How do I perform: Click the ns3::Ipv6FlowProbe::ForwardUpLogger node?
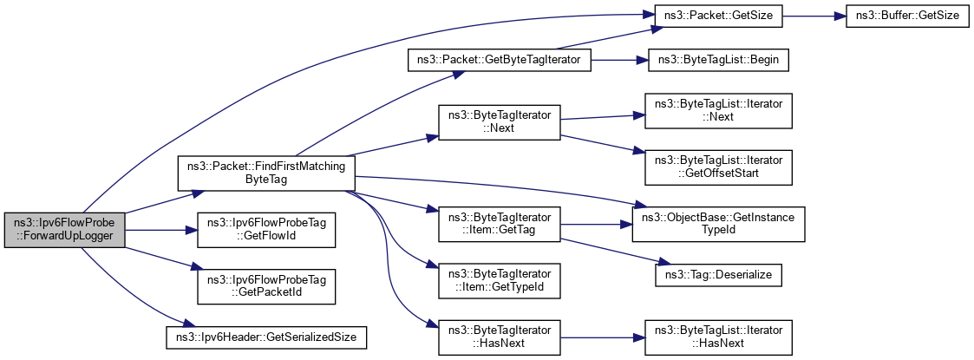coord(65,230)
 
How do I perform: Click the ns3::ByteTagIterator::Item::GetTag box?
coord(500,224)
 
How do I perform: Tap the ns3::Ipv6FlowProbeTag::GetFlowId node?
coord(266,230)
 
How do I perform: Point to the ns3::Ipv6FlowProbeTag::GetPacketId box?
coord(266,286)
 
